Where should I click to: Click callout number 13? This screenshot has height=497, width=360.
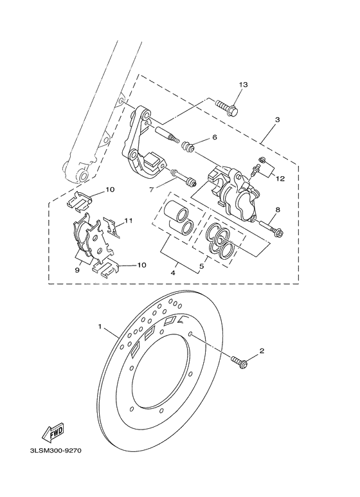(243, 85)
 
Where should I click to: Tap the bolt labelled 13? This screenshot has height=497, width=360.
(226, 106)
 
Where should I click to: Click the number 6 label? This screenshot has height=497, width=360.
(215, 137)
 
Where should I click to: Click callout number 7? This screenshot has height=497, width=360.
(152, 190)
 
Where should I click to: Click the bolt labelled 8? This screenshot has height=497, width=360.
(272, 227)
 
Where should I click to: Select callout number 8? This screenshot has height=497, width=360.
(278, 209)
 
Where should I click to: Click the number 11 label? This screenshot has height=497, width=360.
(129, 221)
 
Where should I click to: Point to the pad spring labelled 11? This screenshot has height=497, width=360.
(113, 229)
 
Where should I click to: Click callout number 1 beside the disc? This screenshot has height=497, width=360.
(100, 327)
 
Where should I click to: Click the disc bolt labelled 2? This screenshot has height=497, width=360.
(241, 364)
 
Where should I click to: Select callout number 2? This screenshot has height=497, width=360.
(262, 351)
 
